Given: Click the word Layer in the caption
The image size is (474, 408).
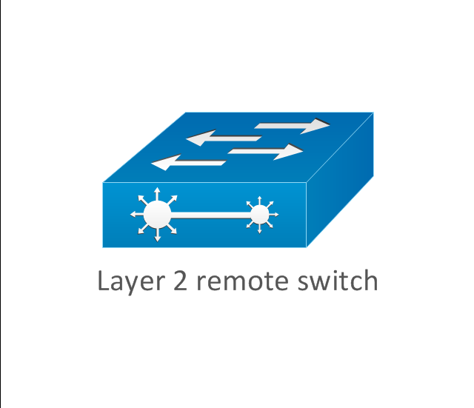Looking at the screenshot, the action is pos(131,281).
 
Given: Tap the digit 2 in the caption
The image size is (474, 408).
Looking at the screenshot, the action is pos(180,281).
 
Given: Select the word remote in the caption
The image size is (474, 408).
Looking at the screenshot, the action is pos(242,281).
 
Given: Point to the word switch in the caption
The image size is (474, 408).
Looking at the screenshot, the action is pos(338,280).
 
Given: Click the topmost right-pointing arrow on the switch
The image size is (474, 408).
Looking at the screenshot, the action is pos(292,126).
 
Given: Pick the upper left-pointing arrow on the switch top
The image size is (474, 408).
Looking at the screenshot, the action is pos(224,138).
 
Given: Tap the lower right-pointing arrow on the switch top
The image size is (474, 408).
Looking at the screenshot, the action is pos(265,152).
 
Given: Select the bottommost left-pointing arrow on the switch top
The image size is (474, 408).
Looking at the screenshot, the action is pos(189,163).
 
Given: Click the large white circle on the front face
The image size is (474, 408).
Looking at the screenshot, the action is pos(157,215).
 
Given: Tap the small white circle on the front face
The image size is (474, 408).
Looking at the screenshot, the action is pos(260,215).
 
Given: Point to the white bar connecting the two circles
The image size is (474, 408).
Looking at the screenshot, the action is pos(211,215).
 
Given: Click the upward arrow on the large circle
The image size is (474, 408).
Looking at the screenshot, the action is pos(157,194).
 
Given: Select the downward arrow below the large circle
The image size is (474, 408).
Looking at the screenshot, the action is pos(158,235).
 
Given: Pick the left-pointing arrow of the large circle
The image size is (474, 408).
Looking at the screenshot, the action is pos(137,214).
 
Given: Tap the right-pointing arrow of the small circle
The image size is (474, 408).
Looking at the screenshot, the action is pos(273,215).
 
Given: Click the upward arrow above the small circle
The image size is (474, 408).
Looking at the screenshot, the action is pos(259,201).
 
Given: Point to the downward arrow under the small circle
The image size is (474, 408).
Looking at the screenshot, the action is pos(260,229).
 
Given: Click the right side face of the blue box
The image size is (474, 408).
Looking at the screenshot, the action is pos(340,180).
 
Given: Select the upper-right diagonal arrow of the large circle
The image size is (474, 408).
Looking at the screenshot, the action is pos(172,200).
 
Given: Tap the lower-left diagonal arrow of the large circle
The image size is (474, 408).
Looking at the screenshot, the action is pos(143,229).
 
